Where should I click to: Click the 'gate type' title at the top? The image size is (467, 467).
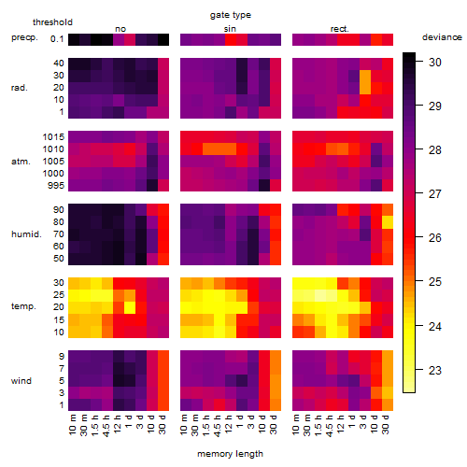[231, 15]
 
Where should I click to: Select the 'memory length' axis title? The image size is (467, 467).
[230, 454]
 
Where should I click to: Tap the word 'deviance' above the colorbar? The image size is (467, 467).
[442, 37]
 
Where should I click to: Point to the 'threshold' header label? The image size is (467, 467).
[52, 22]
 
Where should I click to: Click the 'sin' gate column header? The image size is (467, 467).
[230, 29]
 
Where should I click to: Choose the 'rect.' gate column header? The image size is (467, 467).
[340, 29]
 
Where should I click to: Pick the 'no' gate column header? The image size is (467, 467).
[120, 29]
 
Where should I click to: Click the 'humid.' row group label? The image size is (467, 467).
[26, 234]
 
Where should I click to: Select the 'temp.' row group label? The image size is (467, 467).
[23, 306]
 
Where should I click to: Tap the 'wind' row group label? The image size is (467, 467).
[21, 381]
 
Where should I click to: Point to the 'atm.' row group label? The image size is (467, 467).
[21, 162]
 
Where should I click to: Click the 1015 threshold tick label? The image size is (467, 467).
[53, 137]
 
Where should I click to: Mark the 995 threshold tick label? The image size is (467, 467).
[56, 186]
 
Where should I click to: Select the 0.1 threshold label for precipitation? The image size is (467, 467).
[57, 39]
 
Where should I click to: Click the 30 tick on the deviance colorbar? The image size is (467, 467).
[435, 63]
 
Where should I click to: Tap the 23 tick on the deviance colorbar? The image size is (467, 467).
[435, 371]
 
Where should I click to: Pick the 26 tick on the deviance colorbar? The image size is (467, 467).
[435, 238]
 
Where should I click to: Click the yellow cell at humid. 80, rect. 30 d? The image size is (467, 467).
[388, 222]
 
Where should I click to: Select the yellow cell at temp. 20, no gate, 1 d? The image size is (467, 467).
[130, 307]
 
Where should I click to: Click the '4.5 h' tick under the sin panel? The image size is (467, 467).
[218, 426]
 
